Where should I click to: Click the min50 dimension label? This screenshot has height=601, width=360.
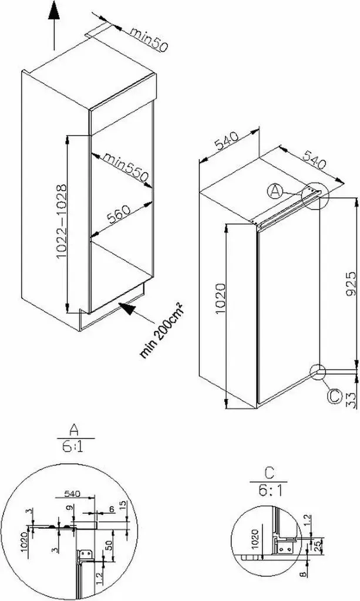149,38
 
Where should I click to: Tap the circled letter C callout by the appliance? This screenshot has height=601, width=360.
334,396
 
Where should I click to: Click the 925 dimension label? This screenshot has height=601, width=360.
351,284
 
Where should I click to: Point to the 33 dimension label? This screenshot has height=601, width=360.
351,399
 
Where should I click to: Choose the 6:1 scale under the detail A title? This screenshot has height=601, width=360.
73,447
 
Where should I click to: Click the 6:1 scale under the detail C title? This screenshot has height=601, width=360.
270,491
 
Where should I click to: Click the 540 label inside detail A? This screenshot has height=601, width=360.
72,494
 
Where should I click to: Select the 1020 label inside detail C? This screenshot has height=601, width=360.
255,539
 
